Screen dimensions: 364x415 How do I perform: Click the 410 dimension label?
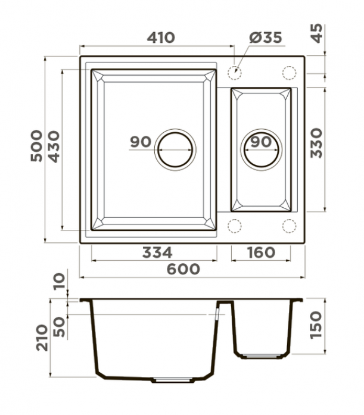[x=161, y=38]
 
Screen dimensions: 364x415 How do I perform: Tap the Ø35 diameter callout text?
[x=266, y=38]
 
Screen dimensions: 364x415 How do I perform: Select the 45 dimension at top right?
[x=316, y=33]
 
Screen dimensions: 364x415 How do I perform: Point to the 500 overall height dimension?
[x=36, y=146]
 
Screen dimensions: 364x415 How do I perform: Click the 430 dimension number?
[x=54, y=146]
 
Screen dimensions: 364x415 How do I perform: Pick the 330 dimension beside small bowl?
[x=316, y=143]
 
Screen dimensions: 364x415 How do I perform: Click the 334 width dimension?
[x=157, y=252]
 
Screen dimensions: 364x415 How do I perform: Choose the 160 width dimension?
[x=262, y=252]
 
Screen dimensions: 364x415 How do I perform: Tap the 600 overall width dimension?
[x=183, y=269]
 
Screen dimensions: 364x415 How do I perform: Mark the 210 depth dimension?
[x=42, y=338]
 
